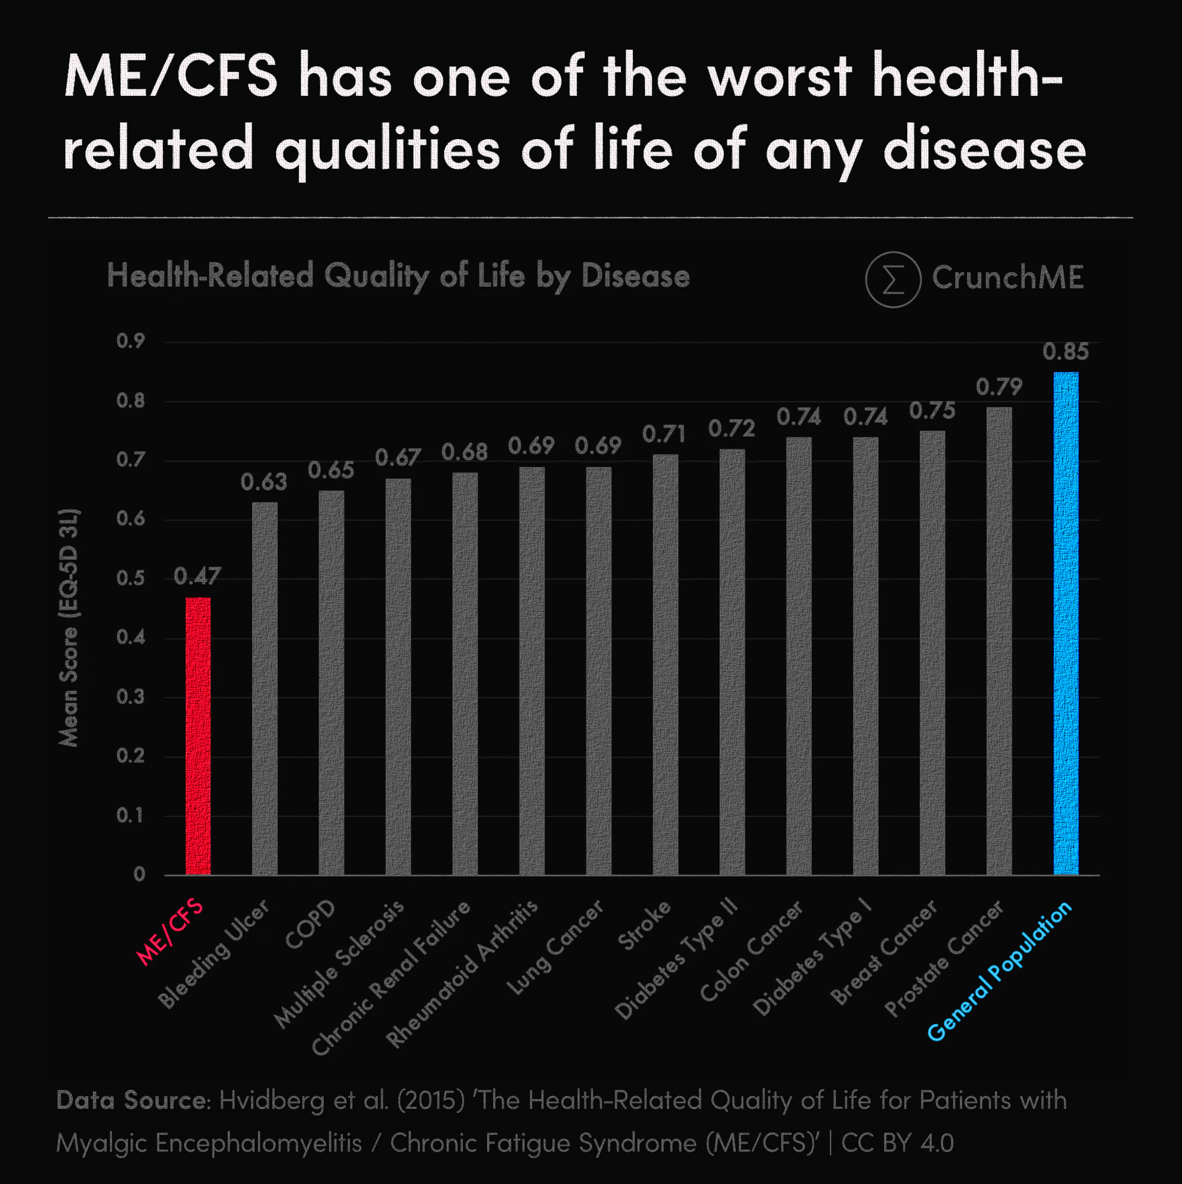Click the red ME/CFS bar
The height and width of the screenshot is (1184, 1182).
pos(198,735)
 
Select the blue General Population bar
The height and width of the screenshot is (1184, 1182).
pos(1065,622)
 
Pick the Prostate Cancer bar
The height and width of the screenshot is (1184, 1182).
pos(999,641)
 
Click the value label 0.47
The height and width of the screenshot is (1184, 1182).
pos(197,576)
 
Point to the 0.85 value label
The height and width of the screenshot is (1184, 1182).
pos(1065,352)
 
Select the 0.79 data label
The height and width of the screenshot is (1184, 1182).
pos(999,387)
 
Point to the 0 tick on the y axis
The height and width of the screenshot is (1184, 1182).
pos(140,874)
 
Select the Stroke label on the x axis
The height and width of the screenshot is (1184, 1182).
pos(644,925)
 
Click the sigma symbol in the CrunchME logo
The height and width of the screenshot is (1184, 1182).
pos(893,279)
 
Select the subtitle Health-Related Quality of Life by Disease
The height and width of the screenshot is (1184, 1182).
pos(398,276)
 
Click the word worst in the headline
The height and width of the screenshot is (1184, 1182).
pos(780,77)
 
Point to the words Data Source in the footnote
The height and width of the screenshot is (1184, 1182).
pos(133,1101)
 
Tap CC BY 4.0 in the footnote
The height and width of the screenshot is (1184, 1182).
pos(897,1143)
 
